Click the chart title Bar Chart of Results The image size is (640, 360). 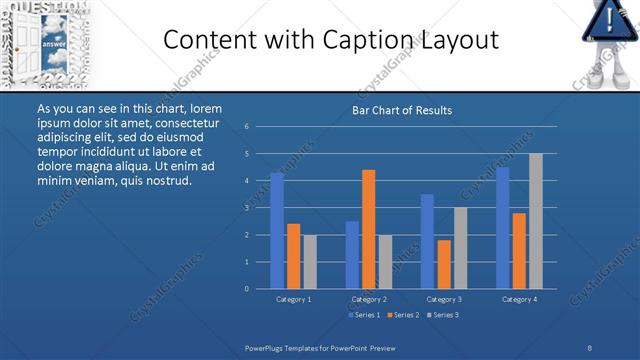402,110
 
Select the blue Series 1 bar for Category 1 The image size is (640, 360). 277,230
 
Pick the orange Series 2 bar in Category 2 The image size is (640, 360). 369,229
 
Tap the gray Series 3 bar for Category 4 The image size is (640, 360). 536,221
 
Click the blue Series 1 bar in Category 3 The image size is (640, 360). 427,241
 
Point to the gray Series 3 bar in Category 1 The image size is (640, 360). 310,262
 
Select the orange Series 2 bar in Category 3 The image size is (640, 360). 444,264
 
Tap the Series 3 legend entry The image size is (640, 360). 443,315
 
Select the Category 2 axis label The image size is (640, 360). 369,299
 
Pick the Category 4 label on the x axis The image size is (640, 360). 519,299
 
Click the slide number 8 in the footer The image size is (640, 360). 590,346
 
